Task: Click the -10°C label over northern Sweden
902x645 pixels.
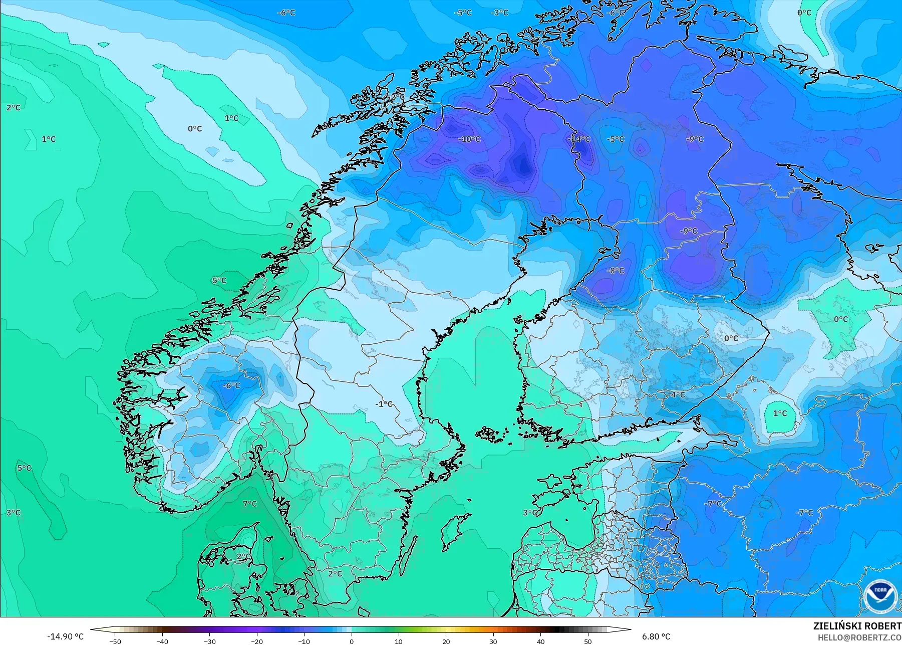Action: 469,139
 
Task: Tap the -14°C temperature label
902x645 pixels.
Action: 580,139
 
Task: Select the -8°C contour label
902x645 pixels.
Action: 616,271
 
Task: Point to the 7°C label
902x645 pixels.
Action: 249,504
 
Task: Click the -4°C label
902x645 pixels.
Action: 677,395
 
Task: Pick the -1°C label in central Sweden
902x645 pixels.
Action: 384,404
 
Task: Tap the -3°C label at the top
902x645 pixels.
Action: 499,13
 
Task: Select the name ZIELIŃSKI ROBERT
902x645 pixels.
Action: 857,626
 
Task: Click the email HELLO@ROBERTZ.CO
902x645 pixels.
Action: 859,637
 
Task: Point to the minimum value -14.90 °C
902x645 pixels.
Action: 65,636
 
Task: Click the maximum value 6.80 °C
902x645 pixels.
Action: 656,636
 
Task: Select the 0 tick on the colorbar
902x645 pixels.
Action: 352,641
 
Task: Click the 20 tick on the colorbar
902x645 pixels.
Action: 446,641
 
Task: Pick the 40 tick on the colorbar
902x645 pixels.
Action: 540,641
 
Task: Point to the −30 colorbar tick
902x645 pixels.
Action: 209,641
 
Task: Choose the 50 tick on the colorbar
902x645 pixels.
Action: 587,641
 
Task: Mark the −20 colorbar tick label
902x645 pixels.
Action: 256,641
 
